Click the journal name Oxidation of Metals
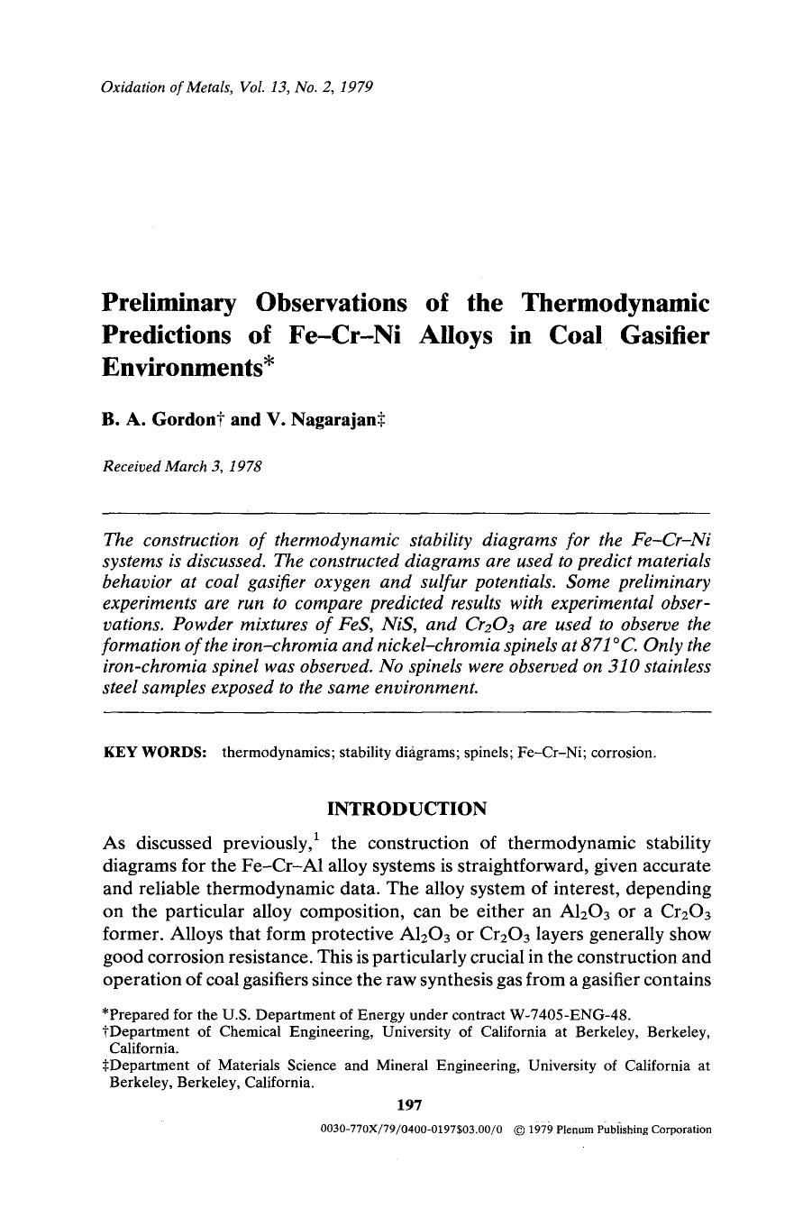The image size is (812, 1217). point(156,87)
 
